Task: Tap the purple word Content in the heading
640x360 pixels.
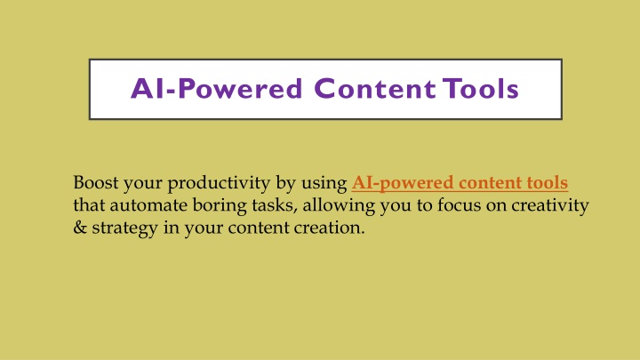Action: [375, 89]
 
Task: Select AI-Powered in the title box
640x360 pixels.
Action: [217, 89]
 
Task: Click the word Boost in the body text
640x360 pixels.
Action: [95, 182]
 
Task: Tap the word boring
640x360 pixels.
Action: [220, 206]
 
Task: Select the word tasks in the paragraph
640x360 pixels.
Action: [275, 205]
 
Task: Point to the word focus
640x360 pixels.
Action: [460, 205]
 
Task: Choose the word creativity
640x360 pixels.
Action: [550, 206]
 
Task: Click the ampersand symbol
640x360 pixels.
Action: [80, 228]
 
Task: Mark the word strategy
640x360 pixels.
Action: [125, 228]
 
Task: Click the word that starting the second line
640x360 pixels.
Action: [89, 205]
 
